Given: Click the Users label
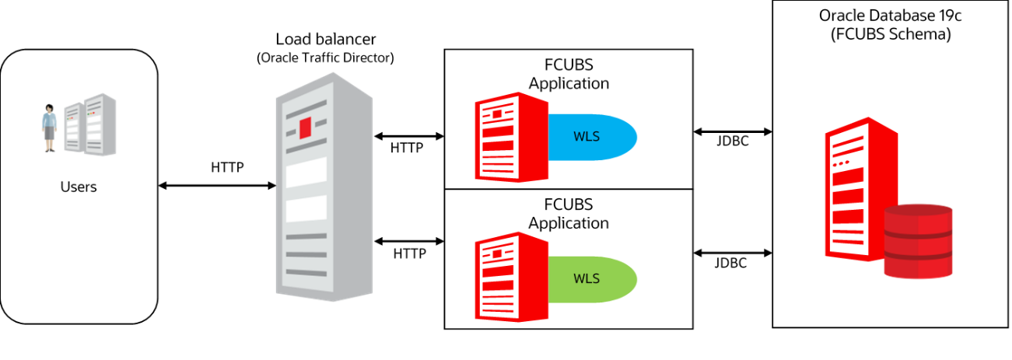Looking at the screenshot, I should (x=79, y=187).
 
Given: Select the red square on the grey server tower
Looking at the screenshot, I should (x=306, y=127).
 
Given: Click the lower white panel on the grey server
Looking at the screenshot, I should (x=306, y=208).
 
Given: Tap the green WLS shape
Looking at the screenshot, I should (x=591, y=278).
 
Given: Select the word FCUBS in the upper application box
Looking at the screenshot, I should (x=569, y=65).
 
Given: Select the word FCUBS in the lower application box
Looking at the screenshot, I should (x=569, y=205).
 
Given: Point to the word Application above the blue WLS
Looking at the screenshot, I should (x=569, y=83).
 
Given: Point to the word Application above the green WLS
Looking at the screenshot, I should (x=569, y=223).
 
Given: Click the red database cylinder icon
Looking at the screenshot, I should (x=919, y=242).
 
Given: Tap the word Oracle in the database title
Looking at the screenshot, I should (x=839, y=16).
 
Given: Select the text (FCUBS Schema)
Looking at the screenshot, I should (x=890, y=34).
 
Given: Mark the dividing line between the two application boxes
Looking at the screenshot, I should (x=568, y=189).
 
